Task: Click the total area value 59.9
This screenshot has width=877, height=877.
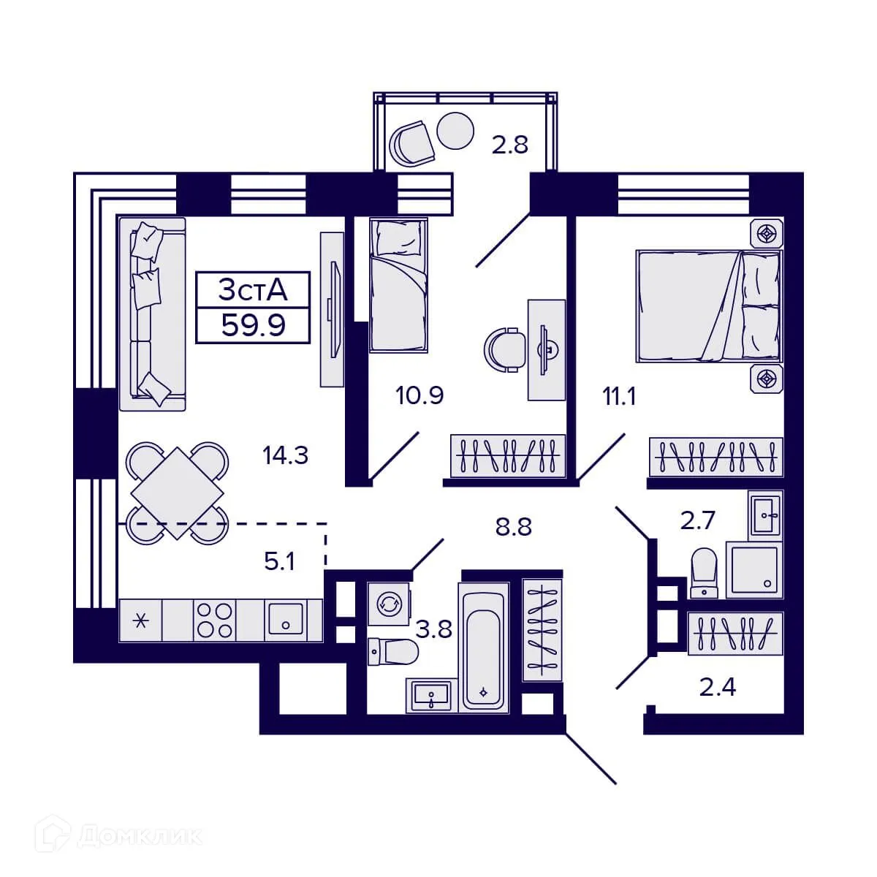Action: pos(253,324)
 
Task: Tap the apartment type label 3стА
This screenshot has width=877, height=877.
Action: pos(253,290)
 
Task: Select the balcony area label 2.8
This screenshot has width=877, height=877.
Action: pos(509,145)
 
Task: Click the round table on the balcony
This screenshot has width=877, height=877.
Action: pos(457,131)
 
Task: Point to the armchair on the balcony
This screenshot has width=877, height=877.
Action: pos(412,143)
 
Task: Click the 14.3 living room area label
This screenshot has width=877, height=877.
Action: pos(285,455)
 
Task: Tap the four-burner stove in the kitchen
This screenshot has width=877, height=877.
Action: pos(215,620)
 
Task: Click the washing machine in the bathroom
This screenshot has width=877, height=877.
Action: pos(388,604)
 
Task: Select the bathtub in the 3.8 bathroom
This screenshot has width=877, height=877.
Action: pos(483,647)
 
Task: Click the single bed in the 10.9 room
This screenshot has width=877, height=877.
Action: pos(398,285)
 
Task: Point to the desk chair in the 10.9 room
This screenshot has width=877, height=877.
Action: pos(505,349)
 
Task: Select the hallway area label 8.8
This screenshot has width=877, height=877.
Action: pos(513,526)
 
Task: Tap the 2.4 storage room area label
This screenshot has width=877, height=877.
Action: pos(717,687)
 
